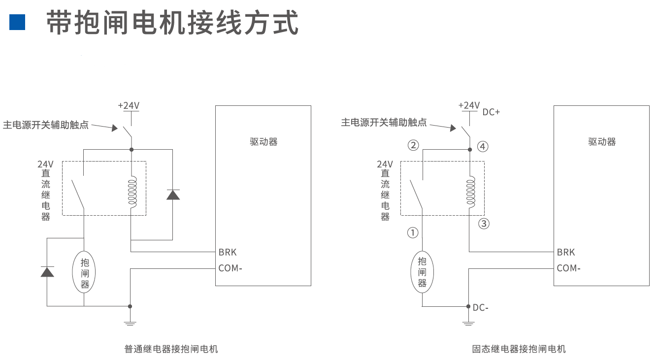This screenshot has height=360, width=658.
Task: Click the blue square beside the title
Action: tap(17, 22)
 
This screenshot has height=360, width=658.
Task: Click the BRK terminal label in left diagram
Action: tap(228, 252)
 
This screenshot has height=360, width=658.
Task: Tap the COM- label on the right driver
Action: tap(568, 268)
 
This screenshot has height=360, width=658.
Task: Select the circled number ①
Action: tap(413, 232)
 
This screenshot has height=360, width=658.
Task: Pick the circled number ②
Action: tap(413, 145)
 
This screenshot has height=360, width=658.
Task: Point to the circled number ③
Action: tap(484, 224)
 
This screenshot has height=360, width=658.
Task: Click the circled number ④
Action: tap(483, 146)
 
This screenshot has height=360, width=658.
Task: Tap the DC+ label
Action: tap(491, 112)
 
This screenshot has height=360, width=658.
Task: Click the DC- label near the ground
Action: tap(480, 308)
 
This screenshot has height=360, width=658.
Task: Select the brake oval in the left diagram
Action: tap(84, 272)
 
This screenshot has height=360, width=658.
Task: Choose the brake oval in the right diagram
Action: tap(422, 272)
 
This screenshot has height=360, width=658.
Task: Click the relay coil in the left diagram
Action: tap(132, 192)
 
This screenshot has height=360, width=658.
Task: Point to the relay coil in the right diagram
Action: tap(469, 192)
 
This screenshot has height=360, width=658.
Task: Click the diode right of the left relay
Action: tap(173, 194)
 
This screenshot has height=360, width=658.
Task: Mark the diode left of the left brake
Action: tap(47, 271)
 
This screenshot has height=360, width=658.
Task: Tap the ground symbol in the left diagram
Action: tap(130, 323)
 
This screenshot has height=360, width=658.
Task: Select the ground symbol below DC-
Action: tap(468, 323)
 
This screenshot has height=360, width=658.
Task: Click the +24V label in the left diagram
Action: tap(129, 105)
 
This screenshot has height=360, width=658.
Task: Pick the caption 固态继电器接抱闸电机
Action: tap(519, 349)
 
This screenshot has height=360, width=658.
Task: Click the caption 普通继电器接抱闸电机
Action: tap(171, 349)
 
